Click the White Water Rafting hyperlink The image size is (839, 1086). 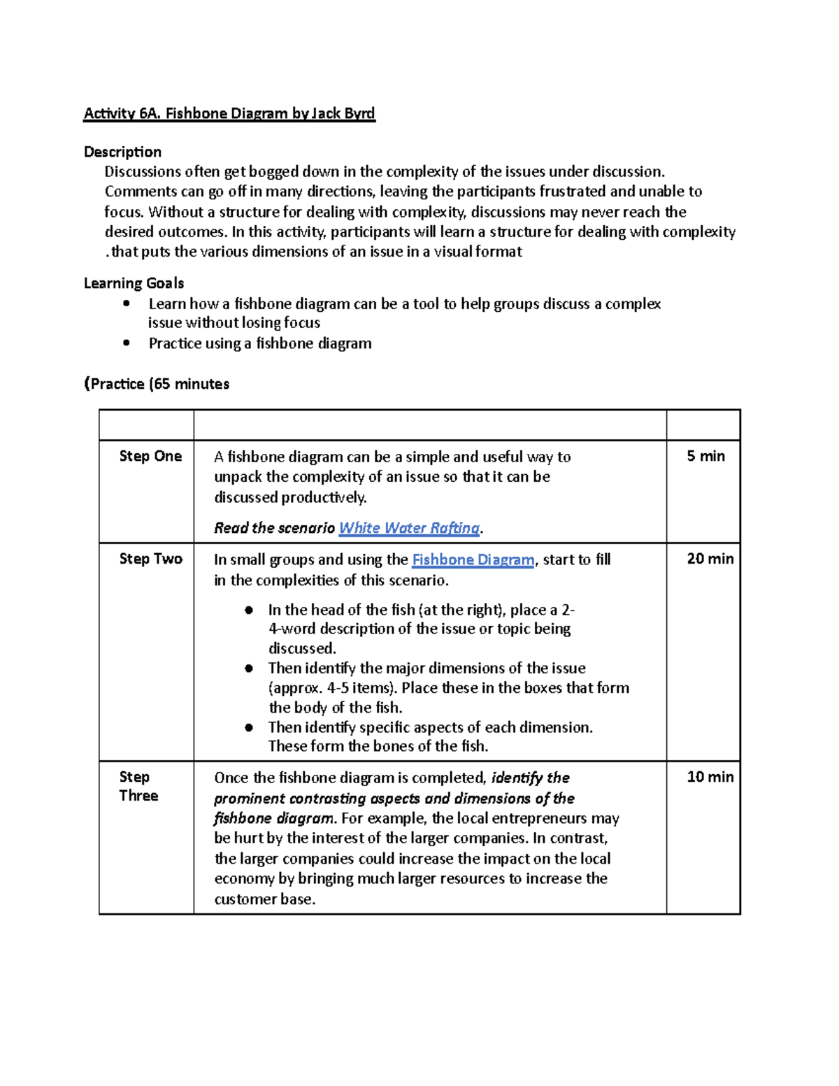[409, 528]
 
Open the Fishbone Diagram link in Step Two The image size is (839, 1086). [473, 559]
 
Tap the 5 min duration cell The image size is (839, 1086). [705, 456]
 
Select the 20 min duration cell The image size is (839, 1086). [710, 558]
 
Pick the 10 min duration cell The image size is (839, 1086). [710, 776]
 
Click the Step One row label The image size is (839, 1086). [150, 456]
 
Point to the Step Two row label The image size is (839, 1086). [150, 558]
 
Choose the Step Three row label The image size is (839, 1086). [138, 786]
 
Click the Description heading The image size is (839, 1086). [122, 152]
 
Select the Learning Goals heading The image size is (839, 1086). [134, 283]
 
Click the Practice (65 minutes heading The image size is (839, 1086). [157, 384]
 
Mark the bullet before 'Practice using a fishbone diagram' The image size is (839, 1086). [126, 343]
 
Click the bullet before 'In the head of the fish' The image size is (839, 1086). [249, 610]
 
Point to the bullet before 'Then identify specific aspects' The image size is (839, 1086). [249, 727]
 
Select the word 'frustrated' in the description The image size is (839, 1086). [572, 192]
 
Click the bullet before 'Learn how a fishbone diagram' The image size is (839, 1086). [126, 303]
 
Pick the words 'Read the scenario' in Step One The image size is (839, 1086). [274, 528]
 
